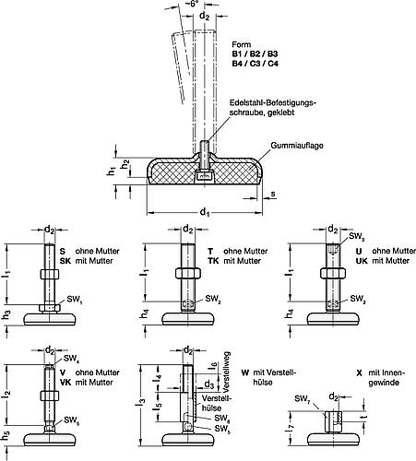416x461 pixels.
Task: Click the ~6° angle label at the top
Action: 192,4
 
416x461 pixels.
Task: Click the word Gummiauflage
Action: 297,146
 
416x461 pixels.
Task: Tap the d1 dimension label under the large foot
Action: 205,212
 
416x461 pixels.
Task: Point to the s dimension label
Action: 273,194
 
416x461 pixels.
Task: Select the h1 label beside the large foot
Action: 111,171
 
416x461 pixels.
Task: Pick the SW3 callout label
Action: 356,236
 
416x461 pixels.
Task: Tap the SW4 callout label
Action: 71,358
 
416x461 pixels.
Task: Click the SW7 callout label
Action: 302,399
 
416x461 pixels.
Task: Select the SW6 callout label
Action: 222,419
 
